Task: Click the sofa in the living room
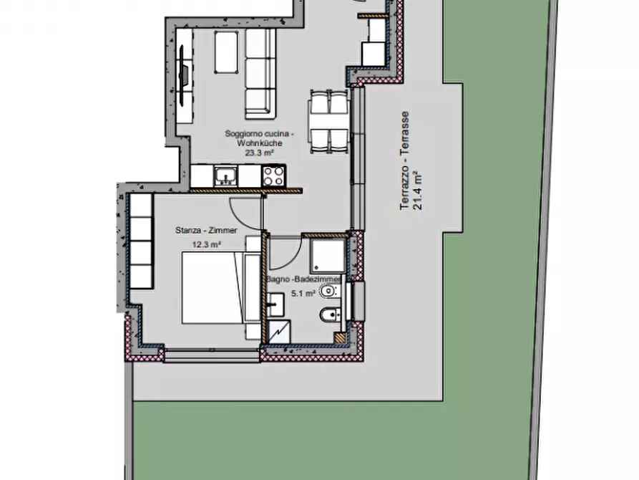[x=260, y=74]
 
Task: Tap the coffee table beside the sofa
[x=226, y=52]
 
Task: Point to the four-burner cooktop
[x=273, y=175]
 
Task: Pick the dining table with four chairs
[x=328, y=121]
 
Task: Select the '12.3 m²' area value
[x=206, y=244]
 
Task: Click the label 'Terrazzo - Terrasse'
[x=405, y=160]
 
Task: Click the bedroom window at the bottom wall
[x=210, y=352]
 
